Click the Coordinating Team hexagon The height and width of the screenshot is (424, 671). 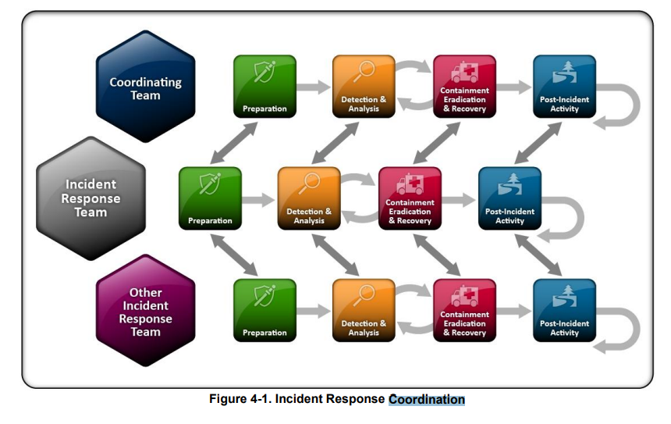(145, 87)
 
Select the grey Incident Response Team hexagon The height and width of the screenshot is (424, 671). (91, 198)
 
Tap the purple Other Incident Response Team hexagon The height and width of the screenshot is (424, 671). (145, 310)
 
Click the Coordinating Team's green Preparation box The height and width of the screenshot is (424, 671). (264, 87)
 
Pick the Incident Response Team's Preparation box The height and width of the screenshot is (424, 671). (210, 198)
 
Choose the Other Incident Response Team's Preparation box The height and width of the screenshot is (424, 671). (264, 310)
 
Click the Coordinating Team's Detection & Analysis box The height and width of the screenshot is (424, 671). (364, 87)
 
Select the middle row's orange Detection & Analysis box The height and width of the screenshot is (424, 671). (309, 198)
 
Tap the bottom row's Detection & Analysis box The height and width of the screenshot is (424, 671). (364, 310)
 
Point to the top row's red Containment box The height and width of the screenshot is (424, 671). (464, 87)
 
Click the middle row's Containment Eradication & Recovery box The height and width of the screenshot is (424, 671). (410, 198)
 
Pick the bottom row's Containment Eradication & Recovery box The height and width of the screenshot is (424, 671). (464, 310)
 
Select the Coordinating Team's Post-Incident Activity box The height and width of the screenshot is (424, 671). (564, 87)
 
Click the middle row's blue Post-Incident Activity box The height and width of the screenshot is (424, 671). (509, 198)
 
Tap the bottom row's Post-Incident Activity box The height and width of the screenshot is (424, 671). (564, 310)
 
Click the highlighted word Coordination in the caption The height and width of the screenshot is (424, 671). (426, 400)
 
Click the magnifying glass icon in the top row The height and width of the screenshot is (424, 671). (364, 72)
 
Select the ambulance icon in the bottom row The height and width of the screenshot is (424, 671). (465, 294)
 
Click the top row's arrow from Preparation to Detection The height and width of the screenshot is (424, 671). (314, 87)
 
